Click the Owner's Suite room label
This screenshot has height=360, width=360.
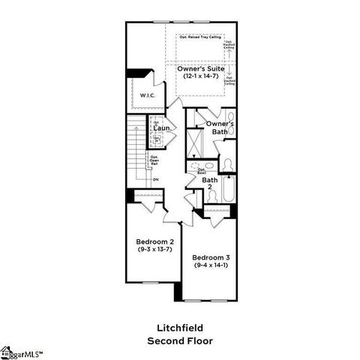tap(201, 68)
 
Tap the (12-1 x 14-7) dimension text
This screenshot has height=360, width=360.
tap(201, 76)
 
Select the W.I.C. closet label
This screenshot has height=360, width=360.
tap(147, 96)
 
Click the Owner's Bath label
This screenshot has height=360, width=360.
tap(220, 127)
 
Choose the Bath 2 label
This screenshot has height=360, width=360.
tap(210, 184)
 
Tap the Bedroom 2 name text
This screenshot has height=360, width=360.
tap(155, 241)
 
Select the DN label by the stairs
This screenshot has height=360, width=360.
tap(155, 180)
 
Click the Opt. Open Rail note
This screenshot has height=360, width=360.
tap(153, 160)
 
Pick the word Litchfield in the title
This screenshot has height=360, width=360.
tap(179, 328)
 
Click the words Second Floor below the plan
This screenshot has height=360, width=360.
tap(179, 340)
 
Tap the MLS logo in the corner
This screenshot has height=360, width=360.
tap(21, 352)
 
